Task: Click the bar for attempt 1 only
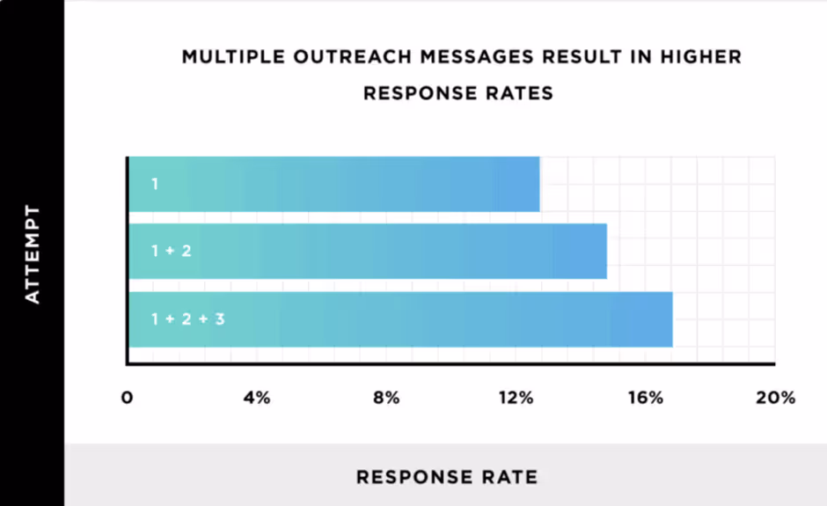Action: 334,184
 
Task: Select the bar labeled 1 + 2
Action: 368,251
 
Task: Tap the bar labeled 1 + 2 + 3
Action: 400,319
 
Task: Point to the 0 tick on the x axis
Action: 128,398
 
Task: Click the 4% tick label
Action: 257,398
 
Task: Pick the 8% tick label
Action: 386,398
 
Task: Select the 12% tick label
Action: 516,398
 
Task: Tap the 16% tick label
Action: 645,398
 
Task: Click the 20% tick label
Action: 774,398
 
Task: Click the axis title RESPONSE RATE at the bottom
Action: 446,478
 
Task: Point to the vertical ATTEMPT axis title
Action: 33,254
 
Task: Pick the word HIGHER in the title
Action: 699,58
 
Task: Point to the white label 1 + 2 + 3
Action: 187,319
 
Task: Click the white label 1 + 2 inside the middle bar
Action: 171,251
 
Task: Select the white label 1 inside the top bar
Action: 155,184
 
